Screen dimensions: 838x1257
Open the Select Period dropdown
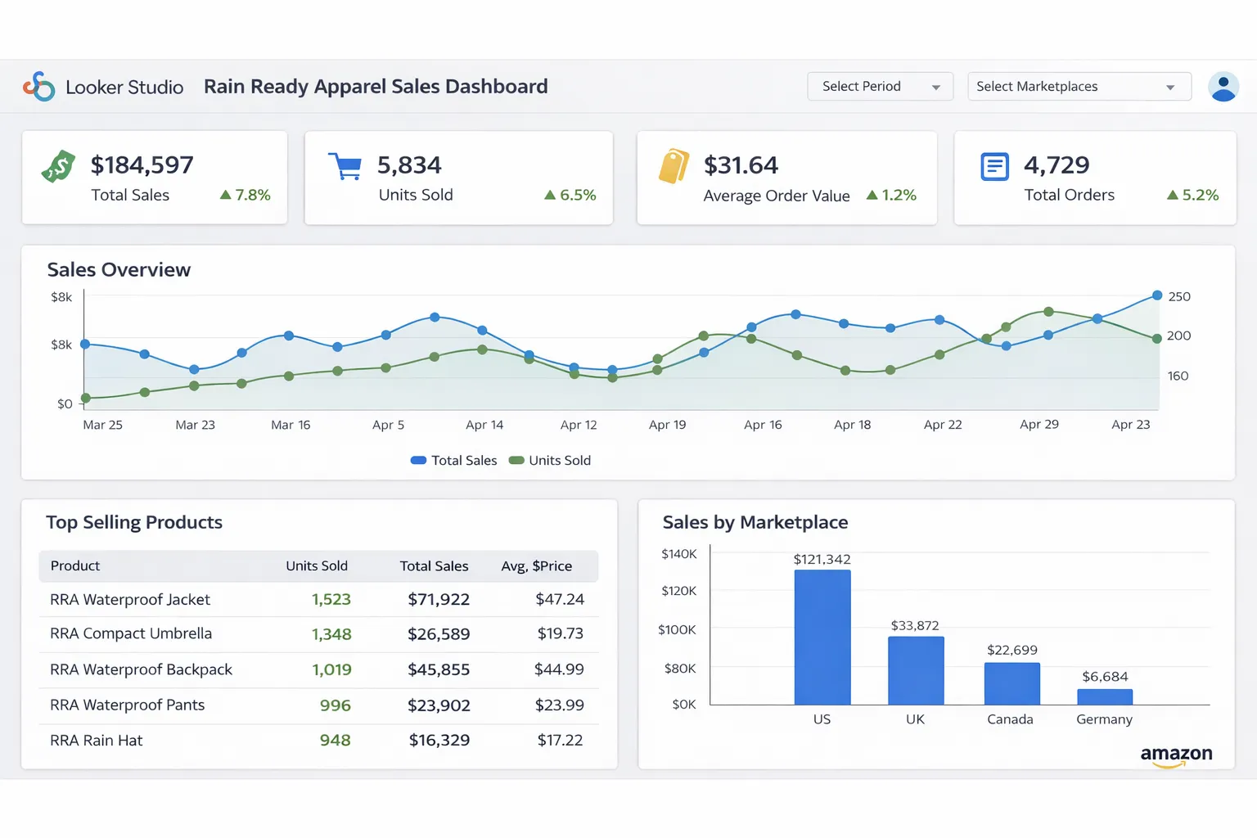point(880,87)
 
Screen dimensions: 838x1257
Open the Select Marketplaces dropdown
point(1079,87)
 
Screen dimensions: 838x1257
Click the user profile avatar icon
point(1223,87)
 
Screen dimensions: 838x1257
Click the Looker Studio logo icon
point(38,86)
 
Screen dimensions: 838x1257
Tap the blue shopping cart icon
point(345,166)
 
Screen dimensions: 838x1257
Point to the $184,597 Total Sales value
point(142,165)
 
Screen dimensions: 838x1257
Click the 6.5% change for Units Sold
point(570,195)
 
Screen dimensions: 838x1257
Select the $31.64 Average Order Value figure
point(741,165)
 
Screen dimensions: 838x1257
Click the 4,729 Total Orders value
point(1057,165)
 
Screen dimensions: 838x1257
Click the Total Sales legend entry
point(454,461)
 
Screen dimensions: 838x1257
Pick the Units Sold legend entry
point(550,461)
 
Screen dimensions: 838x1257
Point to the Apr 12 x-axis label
point(579,425)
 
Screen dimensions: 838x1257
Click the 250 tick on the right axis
point(1179,296)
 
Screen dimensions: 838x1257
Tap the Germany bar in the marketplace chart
point(1105,697)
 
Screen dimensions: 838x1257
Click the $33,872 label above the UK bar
point(915,626)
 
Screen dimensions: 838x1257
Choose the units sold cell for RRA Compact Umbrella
point(331,634)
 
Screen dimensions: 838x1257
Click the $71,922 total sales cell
point(439,600)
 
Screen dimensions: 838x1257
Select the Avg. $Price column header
point(536,566)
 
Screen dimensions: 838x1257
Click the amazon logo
point(1176,755)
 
